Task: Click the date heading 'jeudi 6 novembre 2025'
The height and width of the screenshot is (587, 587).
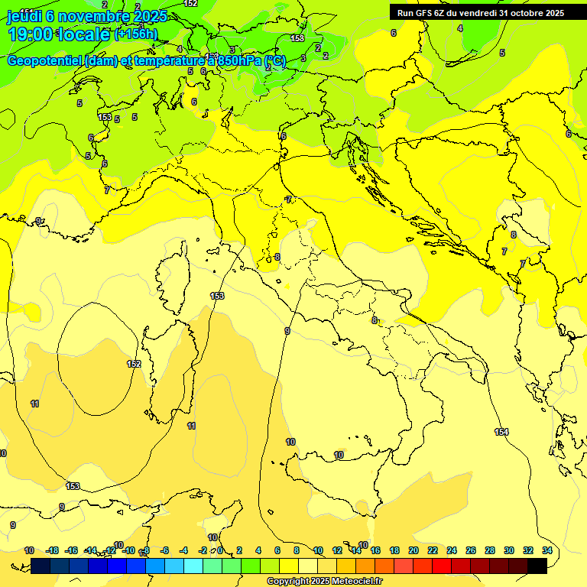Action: [x=86, y=16]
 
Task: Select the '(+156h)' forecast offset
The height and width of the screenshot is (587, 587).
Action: [x=135, y=34]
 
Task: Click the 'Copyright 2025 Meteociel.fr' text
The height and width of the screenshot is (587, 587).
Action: [x=324, y=582]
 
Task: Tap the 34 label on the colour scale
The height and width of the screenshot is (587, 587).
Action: [x=547, y=550]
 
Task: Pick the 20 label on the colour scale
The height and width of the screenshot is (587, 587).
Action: [x=413, y=550]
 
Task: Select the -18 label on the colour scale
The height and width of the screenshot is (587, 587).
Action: [x=52, y=550]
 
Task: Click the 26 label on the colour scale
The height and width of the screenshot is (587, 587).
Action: [x=471, y=550]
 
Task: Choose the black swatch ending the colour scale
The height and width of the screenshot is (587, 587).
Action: [x=537, y=566]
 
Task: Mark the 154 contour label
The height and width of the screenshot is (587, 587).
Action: [x=501, y=432]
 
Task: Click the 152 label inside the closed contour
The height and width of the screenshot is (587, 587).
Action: [x=134, y=364]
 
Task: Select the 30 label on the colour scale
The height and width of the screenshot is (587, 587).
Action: [x=509, y=550]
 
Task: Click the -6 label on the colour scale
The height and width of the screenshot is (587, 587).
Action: [x=164, y=550]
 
